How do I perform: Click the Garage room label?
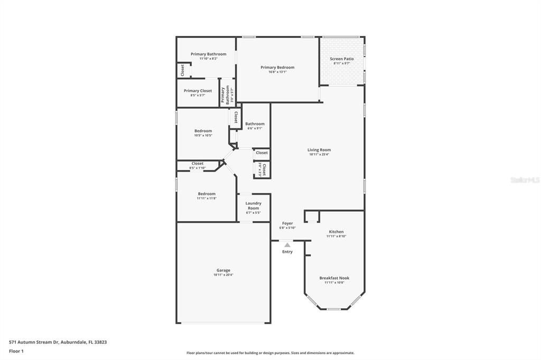(x=223, y=270)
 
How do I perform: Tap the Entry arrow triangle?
(x=287, y=245)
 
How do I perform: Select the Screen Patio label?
(x=342, y=59)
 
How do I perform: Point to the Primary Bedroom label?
(x=277, y=67)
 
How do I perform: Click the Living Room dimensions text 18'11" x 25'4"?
(x=319, y=155)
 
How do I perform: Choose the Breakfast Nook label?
(x=334, y=278)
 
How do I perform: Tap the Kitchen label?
(x=336, y=232)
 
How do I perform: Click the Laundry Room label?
(x=254, y=205)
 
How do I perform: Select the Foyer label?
(x=287, y=223)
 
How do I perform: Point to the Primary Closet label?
(x=198, y=91)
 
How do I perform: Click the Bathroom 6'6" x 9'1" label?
(x=255, y=124)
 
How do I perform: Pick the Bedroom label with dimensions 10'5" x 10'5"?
(x=203, y=131)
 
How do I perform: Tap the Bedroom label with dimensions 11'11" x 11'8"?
(x=206, y=194)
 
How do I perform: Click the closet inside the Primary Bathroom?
(x=183, y=70)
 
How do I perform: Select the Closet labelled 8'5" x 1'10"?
(x=198, y=164)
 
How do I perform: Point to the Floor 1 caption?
(x=16, y=351)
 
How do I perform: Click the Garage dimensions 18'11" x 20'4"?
(x=223, y=275)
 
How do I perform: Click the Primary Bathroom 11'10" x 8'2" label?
(x=208, y=54)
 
